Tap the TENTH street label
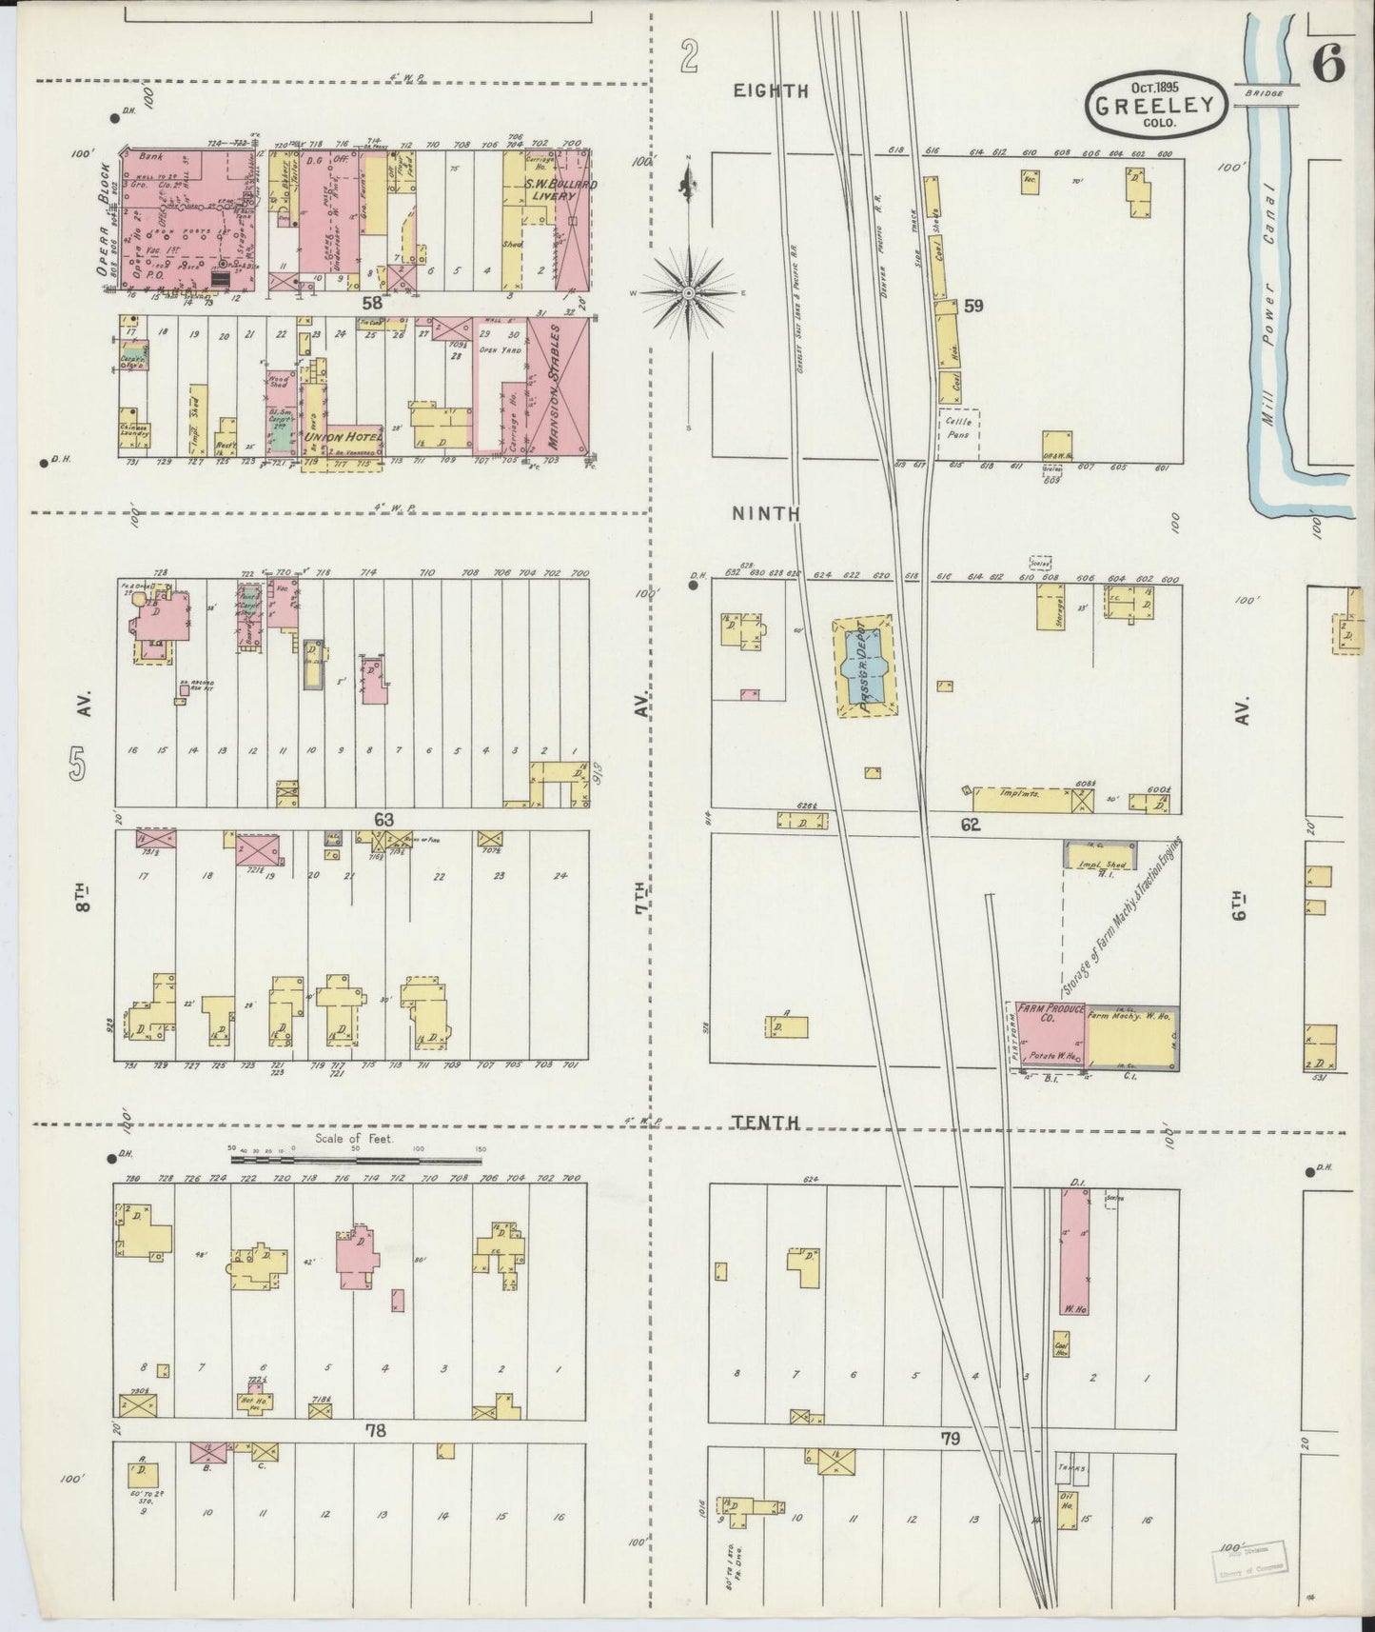pyautogui.click(x=767, y=1124)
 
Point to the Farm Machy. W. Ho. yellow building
pyautogui.click(x=1128, y=1038)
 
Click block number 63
pyautogui.click(x=383, y=819)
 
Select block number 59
pyautogui.click(x=973, y=306)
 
